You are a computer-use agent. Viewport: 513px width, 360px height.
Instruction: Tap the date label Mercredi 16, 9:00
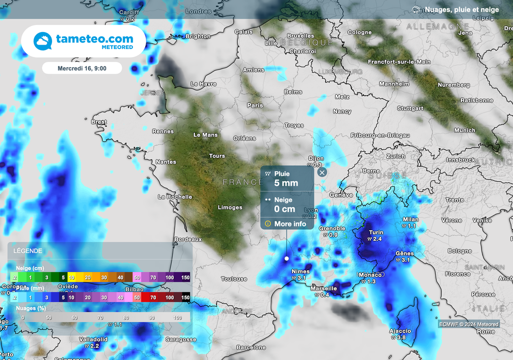point(82,68)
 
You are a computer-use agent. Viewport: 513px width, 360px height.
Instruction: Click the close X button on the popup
point(322,172)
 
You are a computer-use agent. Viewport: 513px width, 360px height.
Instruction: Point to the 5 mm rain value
point(286,183)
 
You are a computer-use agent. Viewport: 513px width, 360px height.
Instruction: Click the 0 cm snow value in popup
point(285,209)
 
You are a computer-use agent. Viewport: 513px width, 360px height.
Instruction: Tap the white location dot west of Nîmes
point(287,258)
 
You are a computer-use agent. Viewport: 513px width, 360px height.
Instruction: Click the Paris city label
point(255,106)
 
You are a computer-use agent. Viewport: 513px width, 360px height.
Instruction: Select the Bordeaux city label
point(188,239)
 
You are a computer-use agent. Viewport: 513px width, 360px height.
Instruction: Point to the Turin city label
point(376,232)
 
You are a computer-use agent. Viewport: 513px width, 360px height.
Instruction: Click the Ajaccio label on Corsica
point(400,331)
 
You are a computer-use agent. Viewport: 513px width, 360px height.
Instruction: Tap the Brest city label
point(99,122)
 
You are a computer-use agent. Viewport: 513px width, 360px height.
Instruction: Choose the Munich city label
point(464,130)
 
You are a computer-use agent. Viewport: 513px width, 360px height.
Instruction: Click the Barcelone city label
point(251,347)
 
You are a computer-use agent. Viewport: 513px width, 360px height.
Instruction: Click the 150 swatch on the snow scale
point(185,277)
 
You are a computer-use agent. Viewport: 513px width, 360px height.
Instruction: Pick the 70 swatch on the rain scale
point(154,297)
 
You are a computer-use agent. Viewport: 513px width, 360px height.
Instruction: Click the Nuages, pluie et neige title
point(461,10)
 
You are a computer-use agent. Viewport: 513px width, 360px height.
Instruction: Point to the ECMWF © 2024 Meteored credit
point(468,324)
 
